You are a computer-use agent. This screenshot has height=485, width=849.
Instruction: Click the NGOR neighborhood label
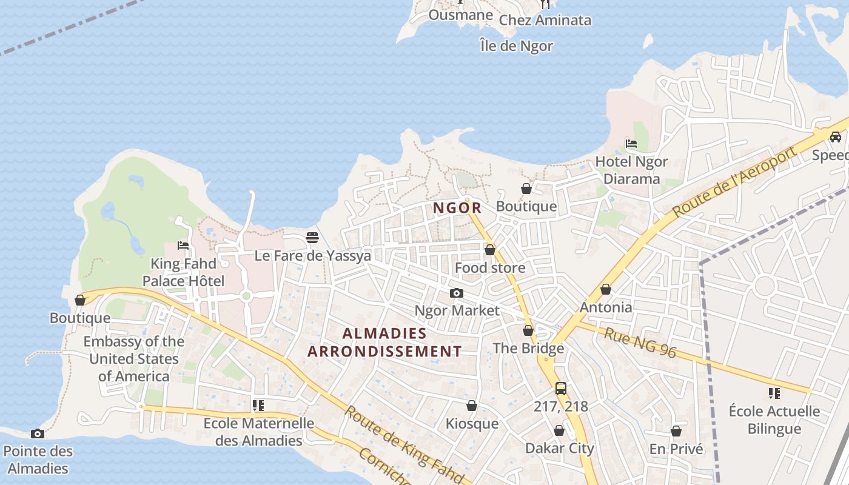[x=457, y=208]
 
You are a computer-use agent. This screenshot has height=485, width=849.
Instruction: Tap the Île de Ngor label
[x=516, y=45]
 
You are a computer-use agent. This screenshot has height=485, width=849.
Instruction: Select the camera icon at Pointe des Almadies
[x=38, y=433]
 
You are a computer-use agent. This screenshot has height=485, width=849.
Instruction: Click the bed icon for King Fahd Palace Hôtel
[x=183, y=246]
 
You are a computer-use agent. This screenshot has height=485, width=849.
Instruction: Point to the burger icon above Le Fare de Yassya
[x=312, y=238]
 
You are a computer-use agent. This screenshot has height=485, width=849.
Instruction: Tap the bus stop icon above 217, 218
[x=561, y=389]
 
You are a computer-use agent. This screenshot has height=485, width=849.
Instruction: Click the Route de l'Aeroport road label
[x=734, y=181]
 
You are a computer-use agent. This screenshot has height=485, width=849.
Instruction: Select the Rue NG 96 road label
[x=640, y=343]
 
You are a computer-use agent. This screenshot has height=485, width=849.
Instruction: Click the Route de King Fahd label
[x=404, y=446]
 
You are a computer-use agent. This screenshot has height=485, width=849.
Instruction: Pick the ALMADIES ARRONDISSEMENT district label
[x=384, y=342]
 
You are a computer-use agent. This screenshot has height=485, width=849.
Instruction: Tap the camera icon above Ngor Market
[x=457, y=293]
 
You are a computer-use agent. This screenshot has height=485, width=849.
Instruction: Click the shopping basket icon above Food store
[x=490, y=250]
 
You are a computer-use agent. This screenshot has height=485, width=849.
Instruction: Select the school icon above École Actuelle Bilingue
[x=774, y=393]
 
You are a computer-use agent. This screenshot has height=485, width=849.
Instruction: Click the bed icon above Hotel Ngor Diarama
[x=631, y=144]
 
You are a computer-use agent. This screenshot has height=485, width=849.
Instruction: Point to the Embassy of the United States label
[x=133, y=358]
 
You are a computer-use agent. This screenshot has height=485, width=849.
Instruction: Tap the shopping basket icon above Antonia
[x=606, y=290]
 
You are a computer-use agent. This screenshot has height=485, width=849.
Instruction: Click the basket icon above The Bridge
[x=528, y=330]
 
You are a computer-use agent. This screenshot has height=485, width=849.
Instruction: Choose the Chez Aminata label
[x=545, y=20]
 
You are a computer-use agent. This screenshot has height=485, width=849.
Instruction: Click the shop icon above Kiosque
[x=472, y=406]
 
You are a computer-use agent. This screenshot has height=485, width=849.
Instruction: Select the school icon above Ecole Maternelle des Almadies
[x=259, y=406]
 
